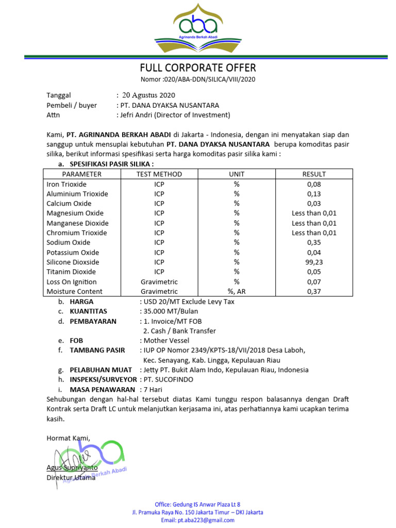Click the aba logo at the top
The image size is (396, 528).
pyautogui.click(x=198, y=28)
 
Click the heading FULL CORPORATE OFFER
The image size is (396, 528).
pyautogui.click(x=198, y=68)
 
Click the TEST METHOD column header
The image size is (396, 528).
pyautogui.click(x=159, y=174)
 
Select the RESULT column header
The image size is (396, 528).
pyautogui.click(x=313, y=174)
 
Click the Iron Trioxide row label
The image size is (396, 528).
pyautogui.click(x=67, y=184)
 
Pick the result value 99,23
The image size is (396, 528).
pyautogui.click(x=313, y=262)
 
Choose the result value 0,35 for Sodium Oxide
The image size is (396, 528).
pyautogui.click(x=313, y=242)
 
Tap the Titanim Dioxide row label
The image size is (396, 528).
pyautogui.click(x=71, y=272)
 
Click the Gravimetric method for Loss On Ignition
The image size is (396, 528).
pyautogui.click(x=159, y=282)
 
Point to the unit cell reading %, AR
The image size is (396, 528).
pyautogui.click(x=237, y=292)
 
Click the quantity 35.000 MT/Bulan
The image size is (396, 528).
pyautogui.click(x=171, y=311)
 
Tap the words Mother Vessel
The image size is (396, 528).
pyautogui.click(x=166, y=341)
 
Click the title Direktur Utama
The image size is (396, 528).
pyautogui.click(x=71, y=477)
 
